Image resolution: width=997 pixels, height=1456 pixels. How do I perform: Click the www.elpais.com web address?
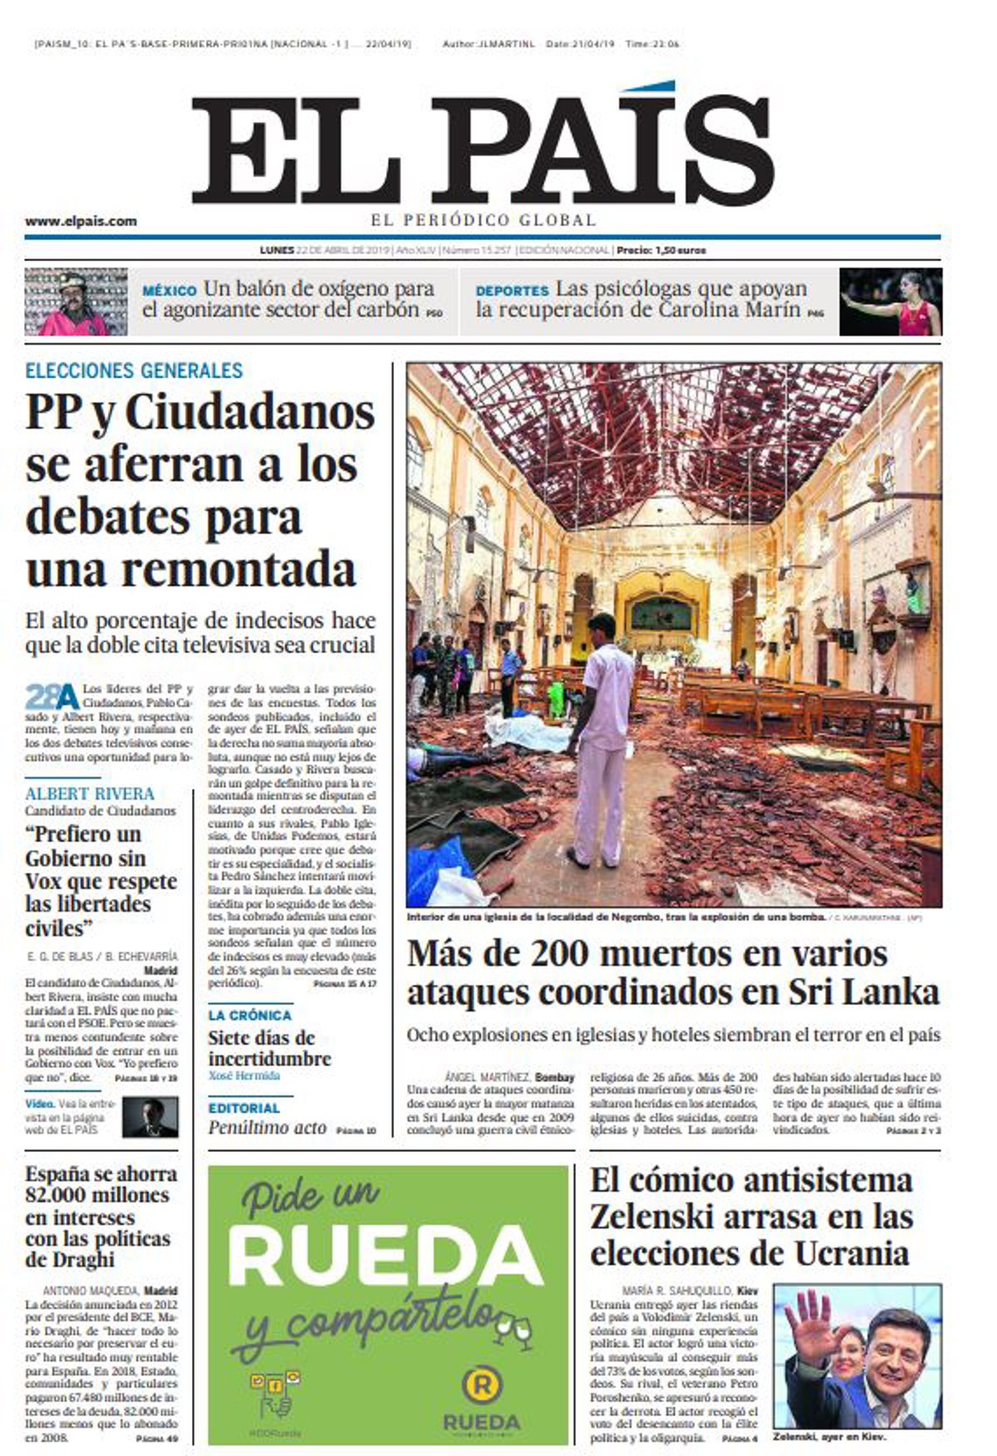pyautogui.click(x=81, y=221)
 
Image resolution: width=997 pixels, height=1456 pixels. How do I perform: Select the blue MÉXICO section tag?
pyautogui.click(x=169, y=291)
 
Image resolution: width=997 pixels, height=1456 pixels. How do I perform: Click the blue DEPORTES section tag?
pyautogui.click(x=512, y=291)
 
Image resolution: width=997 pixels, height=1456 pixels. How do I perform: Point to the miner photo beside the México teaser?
pyautogui.click(x=76, y=302)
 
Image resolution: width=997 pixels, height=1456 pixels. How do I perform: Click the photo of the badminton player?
pyautogui.click(x=890, y=302)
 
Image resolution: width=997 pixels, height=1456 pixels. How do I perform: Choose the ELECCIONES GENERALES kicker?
pyautogui.click(x=134, y=371)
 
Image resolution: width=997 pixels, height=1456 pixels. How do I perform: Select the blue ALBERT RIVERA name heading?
pyautogui.click(x=90, y=794)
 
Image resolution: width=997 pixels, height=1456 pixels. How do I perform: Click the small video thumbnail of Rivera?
pyautogui.click(x=150, y=1117)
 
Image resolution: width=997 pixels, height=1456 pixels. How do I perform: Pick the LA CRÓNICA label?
pyautogui.click(x=249, y=1016)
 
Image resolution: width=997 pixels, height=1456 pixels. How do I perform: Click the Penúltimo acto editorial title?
pyautogui.click(x=267, y=1128)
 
